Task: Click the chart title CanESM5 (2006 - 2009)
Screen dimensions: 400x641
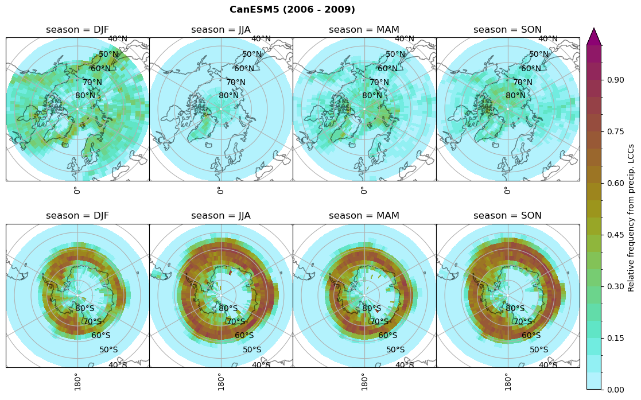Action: (292, 10)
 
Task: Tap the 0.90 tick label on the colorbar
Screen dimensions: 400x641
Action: (616, 80)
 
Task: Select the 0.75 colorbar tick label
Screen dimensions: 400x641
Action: (616, 131)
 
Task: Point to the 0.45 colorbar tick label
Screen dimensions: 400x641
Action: (616, 235)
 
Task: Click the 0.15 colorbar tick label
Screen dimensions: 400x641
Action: (616, 338)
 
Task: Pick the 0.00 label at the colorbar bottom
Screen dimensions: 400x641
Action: (616, 390)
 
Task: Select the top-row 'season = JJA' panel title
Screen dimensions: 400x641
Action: (221, 30)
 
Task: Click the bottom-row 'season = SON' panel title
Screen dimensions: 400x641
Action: (508, 216)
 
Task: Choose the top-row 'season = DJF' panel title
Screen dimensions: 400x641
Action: (77, 30)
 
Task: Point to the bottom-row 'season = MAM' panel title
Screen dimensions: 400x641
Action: (364, 216)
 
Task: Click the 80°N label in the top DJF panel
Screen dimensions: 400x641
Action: (86, 96)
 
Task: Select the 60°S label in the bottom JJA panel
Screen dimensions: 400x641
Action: (244, 336)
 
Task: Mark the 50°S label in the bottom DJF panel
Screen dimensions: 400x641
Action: (108, 349)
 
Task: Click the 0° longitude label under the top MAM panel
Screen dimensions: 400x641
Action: (363, 190)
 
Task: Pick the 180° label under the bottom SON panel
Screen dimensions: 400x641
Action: (507, 381)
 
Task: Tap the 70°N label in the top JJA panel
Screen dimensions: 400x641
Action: (235, 83)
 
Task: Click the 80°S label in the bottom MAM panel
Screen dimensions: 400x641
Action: (372, 309)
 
